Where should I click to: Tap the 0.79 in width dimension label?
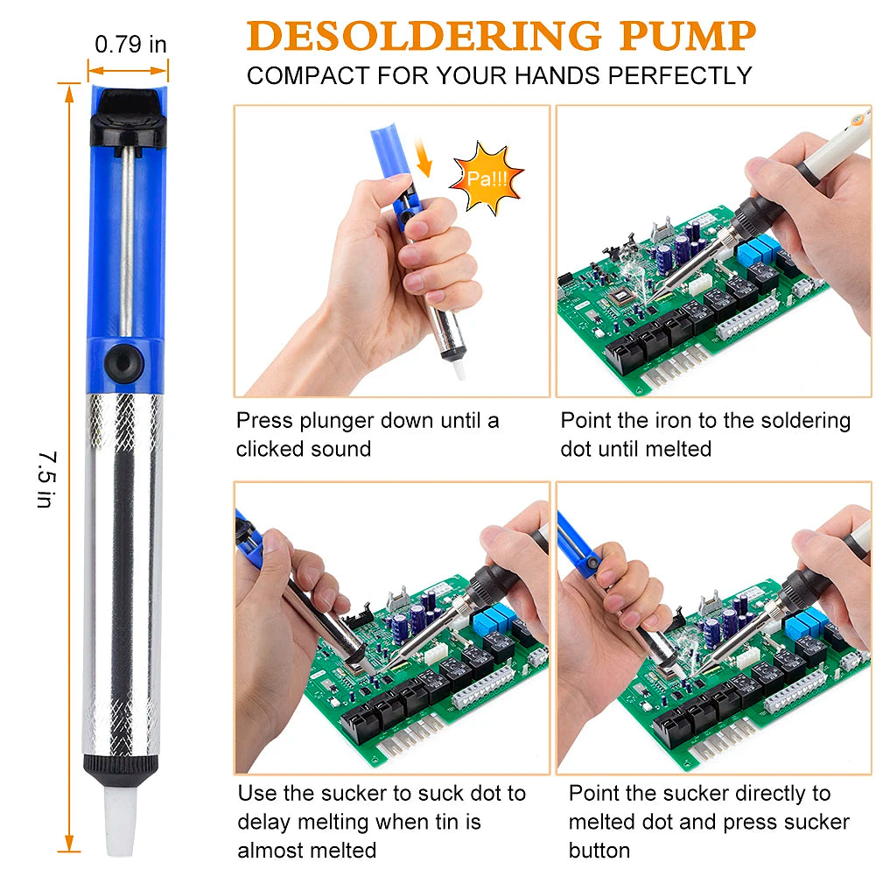(x=130, y=44)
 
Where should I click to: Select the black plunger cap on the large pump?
(x=128, y=119)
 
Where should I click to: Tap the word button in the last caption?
(x=599, y=851)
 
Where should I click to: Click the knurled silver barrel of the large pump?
(x=123, y=569)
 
